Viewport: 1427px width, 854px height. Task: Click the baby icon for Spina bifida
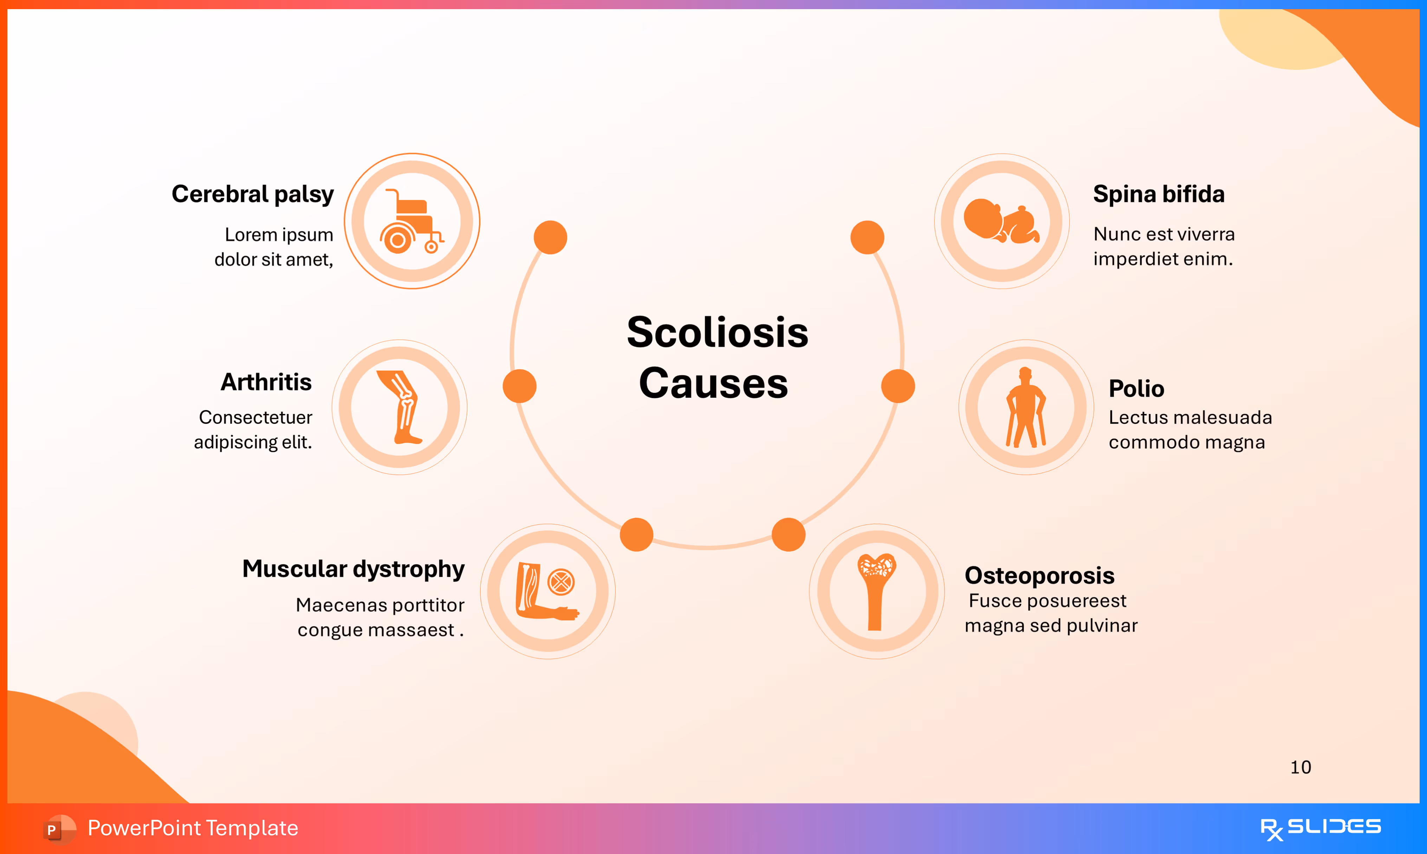[x=1002, y=221]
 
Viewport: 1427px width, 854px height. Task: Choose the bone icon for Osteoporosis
[x=876, y=591]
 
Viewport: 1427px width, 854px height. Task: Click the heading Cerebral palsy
[x=253, y=194]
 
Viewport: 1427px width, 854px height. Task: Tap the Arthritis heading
[x=266, y=382]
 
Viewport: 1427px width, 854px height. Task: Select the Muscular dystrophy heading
[x=353, y=569]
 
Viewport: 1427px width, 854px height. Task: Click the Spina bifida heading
[x=1158, y=194]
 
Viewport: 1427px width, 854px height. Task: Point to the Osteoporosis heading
[x=1039, y=575]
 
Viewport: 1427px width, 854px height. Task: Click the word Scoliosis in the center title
[x=717, y=332]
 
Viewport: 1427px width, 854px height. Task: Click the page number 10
[x=1300, y=767]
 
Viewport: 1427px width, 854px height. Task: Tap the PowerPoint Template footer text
[x=193, y=828]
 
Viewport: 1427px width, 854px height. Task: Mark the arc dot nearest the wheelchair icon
[x=550, y=237]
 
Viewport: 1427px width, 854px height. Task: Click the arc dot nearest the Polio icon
[x=898, y=386]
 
